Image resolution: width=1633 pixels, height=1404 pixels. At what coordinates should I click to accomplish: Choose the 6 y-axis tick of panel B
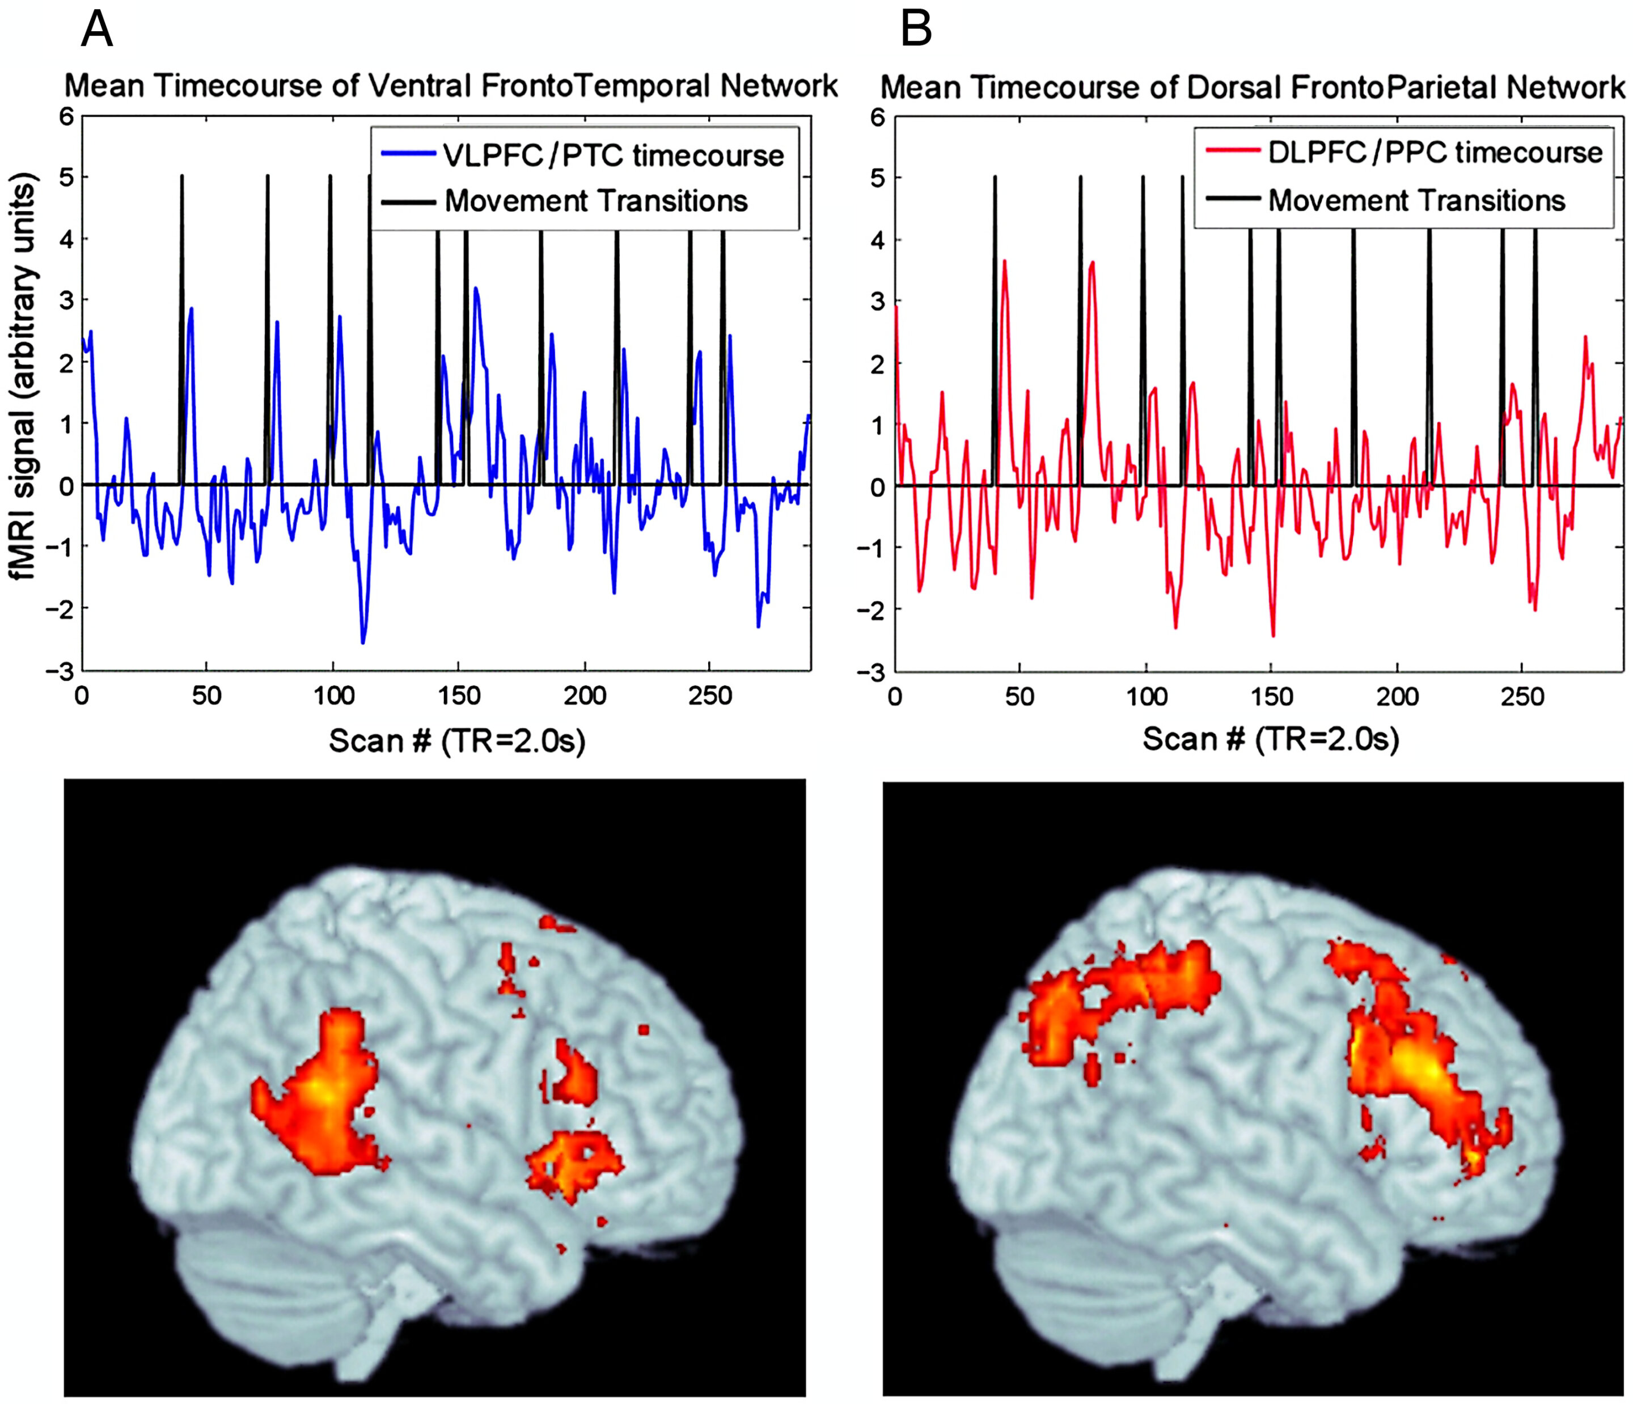[x=877, y=117]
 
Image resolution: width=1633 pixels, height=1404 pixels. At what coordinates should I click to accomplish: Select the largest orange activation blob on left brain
[x=319, y=1095]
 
